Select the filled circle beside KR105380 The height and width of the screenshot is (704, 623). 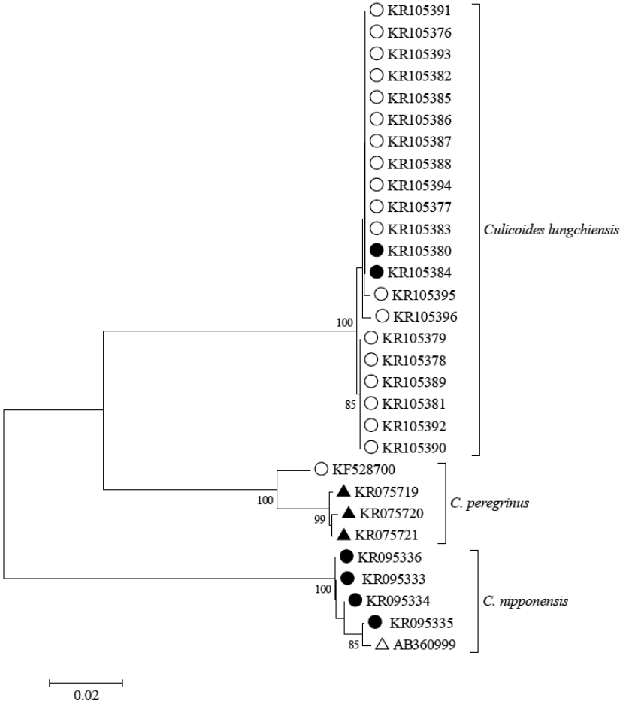click(377, 249)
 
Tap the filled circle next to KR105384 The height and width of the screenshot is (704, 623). click(377, 271)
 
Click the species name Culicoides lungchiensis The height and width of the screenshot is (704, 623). click(550, 229)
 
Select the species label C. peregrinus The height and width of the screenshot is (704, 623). click(493, 503)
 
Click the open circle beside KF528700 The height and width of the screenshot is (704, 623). click(321, 470)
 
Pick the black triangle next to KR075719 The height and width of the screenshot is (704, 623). click(343, 491)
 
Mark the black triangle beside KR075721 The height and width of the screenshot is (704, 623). click(343, 535)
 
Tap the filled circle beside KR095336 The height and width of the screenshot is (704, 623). click(346, 557)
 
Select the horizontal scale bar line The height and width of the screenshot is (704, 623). click(86, 683)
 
